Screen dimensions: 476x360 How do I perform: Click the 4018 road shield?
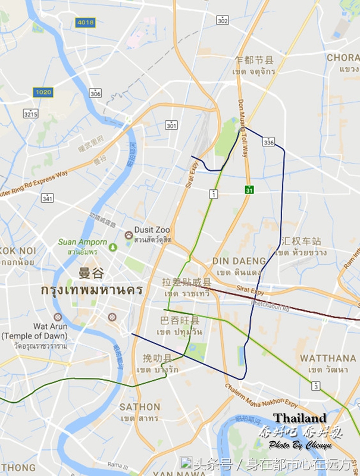tap(85, 22)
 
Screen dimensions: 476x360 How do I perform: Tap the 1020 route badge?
tap(43, 92)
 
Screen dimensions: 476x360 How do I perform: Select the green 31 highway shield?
tap(250, 190)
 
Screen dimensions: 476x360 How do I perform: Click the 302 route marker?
tap(223, 21)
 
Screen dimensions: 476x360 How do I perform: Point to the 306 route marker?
tap(95, 93)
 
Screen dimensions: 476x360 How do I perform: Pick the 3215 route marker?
tap(30, 113)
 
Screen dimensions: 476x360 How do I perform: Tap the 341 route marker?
tap(48, 198)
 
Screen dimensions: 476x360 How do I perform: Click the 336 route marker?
tap(269, 142)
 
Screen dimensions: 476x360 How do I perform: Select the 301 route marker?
tap(171, 126)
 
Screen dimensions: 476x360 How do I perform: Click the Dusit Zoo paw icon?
tap(129, 235)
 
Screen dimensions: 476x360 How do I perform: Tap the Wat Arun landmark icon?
tap(58, 317)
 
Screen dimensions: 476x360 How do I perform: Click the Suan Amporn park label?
tap(82, 242)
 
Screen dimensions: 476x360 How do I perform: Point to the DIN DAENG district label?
tap(239, 261)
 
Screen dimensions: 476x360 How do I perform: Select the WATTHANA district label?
tap(328, 358)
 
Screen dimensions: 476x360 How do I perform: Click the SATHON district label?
tap(140, 407)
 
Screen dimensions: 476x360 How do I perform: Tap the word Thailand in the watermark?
tap(300, 418)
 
